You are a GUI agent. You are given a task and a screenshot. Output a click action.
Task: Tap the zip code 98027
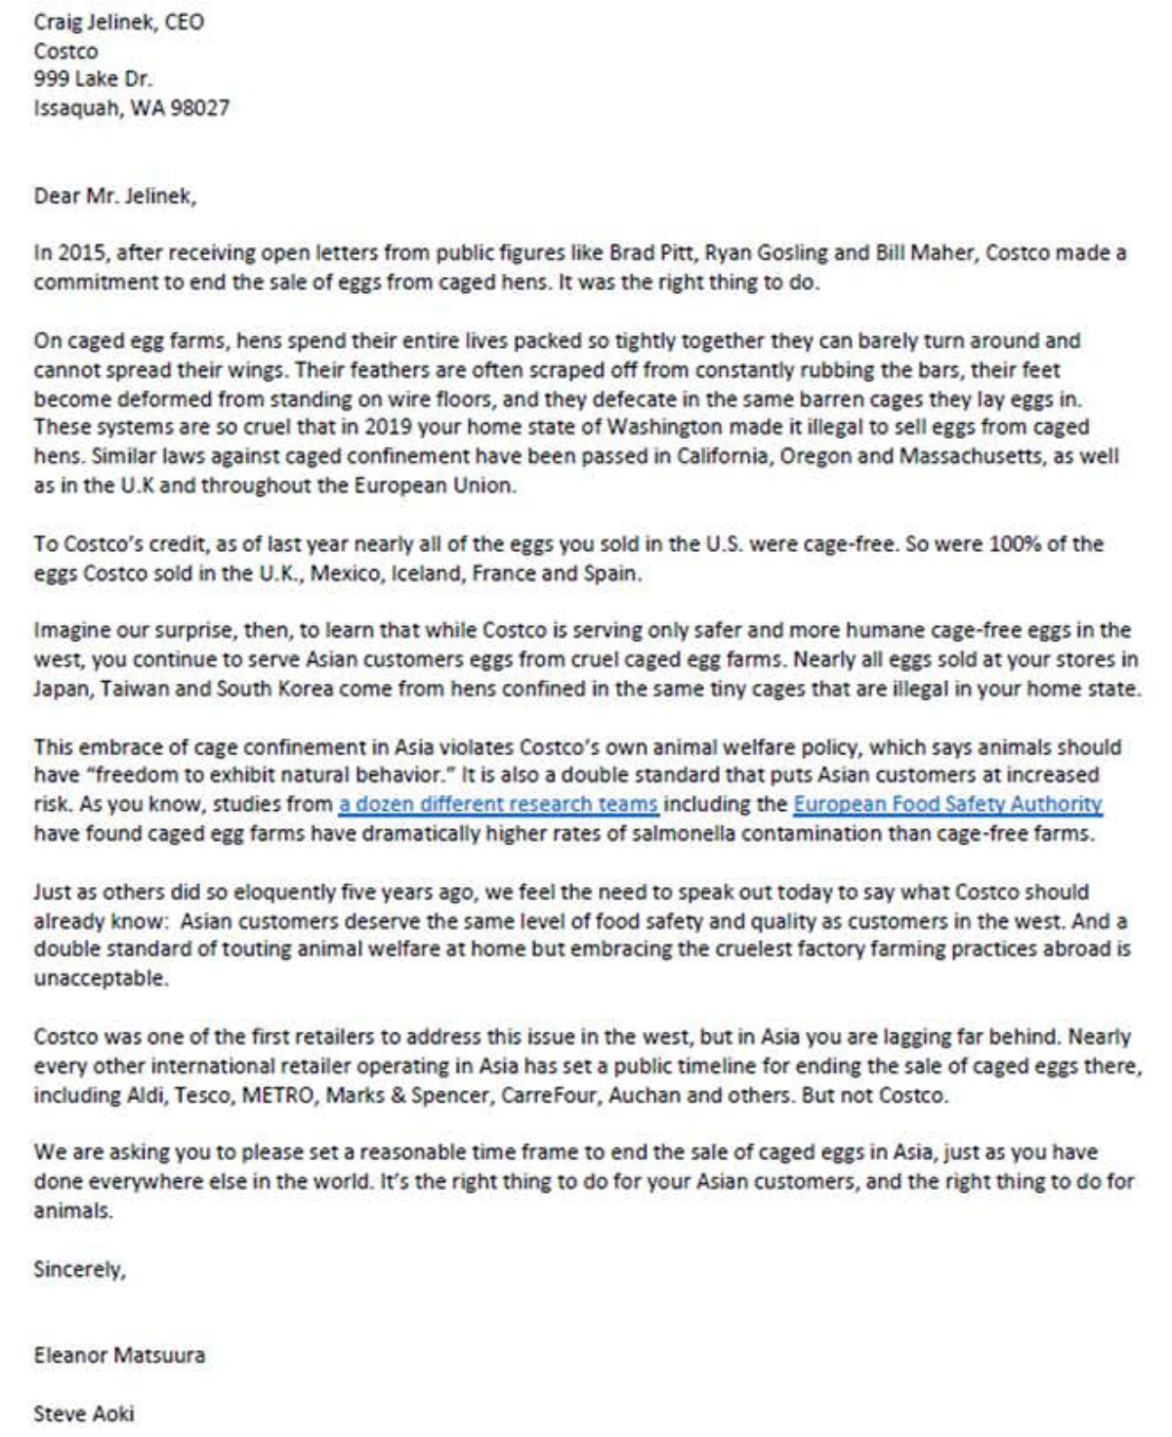point(200,107)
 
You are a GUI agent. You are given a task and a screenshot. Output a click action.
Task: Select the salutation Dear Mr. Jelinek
point(114,195)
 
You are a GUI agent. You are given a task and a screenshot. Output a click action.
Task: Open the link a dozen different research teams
point(498,805)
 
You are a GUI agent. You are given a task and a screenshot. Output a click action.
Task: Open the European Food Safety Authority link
point(947,805)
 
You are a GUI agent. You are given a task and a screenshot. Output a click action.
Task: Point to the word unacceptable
point(101,979)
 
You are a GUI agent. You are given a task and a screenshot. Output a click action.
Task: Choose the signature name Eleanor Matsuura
point(119,1355)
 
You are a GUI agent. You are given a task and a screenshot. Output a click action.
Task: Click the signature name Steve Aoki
point(84,1413)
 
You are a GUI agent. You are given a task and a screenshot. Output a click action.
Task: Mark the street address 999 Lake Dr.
point(93,79)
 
